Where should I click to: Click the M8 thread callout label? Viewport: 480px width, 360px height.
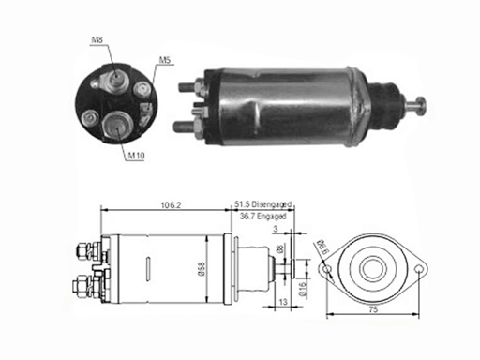click(97, 39)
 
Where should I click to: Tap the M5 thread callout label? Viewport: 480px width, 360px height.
click(165, 60)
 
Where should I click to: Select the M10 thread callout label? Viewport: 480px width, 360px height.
click(137, 156)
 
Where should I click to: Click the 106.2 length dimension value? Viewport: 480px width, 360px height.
click(171, 205)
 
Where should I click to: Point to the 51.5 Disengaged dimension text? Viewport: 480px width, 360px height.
click(263, 204)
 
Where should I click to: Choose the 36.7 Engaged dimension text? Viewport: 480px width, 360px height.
click(263, 216)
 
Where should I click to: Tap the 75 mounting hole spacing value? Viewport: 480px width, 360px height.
click(373, 309)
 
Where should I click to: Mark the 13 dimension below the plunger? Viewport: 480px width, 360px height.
click(283, 302)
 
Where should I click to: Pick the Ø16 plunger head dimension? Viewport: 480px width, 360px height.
click(303, 289)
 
